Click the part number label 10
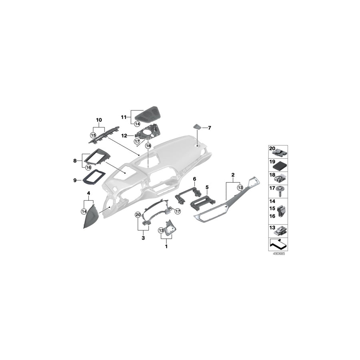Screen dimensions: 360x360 click(x=99, y=120)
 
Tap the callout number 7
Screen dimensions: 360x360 click(x=210, y=128)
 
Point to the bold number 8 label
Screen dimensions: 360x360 click(x=74, y=160)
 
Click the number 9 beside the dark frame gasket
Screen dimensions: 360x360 click(x=74, y=180)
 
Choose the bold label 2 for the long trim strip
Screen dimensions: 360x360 click(x=233, y=175)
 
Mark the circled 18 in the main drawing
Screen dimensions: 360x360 click(x=149, y=146)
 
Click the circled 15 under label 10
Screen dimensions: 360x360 click(x=94, y=136)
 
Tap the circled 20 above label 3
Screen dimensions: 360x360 click(x=138, y=215)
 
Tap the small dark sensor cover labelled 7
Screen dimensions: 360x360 click(x=198, y=126)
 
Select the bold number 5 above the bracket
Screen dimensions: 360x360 click(x=207, y=187)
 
